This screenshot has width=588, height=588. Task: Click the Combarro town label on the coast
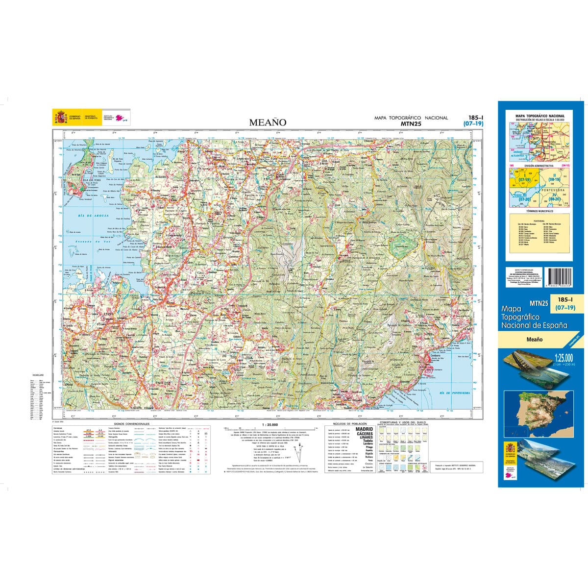coord(435,356)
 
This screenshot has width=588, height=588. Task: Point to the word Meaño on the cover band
coord(534,339)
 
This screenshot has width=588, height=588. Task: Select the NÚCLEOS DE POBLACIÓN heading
coord(350,424)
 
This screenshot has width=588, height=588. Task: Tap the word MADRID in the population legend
coord(364,429)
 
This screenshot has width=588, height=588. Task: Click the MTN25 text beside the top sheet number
coord(411,123)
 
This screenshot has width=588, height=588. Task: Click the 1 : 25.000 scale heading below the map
coord(270,424)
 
